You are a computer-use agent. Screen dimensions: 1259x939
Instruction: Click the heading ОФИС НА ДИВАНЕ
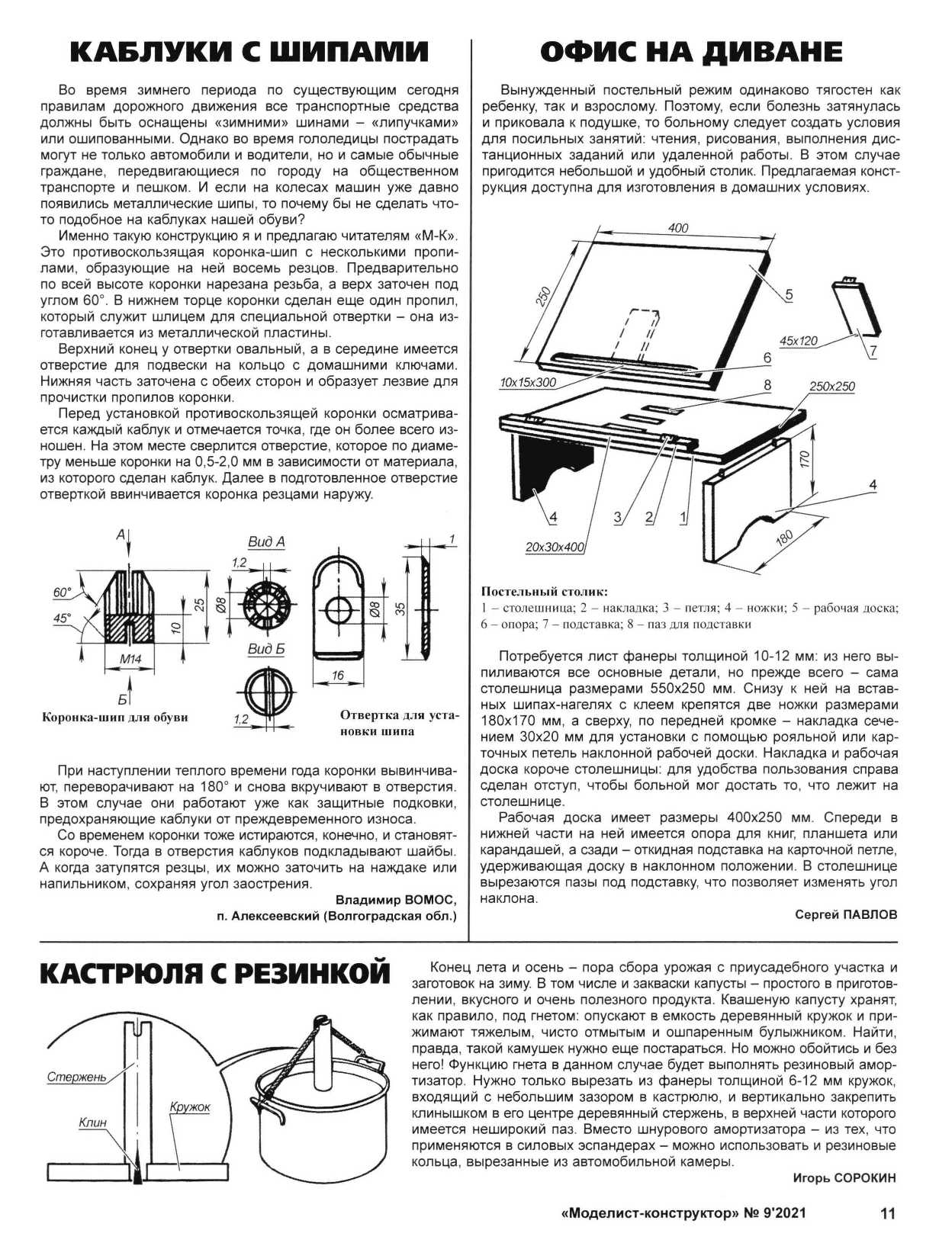[691, 52]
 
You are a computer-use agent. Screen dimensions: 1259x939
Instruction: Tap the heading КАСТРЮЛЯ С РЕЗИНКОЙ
[214, 974]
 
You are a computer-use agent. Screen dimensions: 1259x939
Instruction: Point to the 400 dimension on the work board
[677, 228]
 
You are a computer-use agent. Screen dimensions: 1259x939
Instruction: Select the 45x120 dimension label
[798, 341]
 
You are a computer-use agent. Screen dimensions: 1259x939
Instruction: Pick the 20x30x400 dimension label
[555, 547]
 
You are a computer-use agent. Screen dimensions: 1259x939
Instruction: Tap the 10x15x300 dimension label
[528, 382]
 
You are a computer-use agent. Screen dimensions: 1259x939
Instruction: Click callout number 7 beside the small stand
[873, 351]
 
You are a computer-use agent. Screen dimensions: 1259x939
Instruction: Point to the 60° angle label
[62, 592]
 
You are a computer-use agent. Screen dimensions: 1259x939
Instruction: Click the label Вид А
[266, 541]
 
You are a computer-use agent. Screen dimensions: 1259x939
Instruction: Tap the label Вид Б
[266, 649]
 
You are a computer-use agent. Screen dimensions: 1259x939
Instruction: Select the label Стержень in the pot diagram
[76, 1078]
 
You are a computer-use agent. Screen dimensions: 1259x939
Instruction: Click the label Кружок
[190, 1106]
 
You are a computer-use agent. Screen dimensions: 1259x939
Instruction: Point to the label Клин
[92, 1123]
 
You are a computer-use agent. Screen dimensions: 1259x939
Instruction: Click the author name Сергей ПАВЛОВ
[846, 914]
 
